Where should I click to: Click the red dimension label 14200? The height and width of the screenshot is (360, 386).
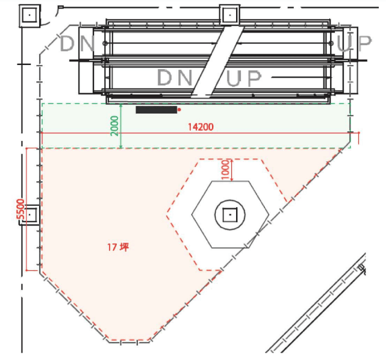pos(201,127)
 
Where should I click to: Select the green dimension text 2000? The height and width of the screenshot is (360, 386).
pos(115,126)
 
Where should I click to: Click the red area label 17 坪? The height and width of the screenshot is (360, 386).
pos(118,247)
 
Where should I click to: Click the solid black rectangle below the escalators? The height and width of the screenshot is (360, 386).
pos(156,110)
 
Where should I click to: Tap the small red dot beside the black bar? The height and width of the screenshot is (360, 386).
pos(179,110)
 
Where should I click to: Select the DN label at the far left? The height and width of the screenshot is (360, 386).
pos(76,44)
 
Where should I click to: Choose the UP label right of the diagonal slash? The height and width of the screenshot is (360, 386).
pos(244,78)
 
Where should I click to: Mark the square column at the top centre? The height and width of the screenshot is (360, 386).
pos(229,13)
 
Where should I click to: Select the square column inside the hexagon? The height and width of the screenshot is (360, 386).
pos(229,214)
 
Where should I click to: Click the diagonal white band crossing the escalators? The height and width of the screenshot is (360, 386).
pos(217,60)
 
